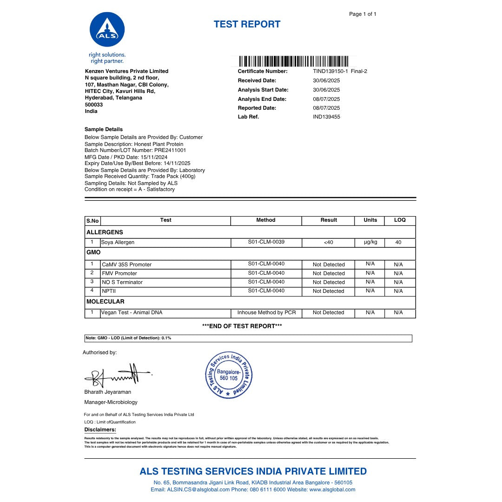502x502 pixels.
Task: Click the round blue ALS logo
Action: [x=107, y=30]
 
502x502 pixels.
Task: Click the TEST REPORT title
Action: [x=247, y=25]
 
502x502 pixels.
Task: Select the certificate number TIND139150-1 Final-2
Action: [x=340, y=72]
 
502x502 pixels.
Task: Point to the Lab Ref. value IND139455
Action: [x=326, y=117]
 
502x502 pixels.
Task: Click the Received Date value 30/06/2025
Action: [x=326, y=81]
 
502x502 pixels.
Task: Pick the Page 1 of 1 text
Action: [x=363, y=14]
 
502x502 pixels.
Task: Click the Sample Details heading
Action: [x=104, y=129]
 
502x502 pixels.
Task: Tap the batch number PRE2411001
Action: [x=167, y=151]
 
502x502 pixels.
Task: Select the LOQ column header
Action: [x=400, y=220]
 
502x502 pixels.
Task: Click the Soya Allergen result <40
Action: [x=328, y=243]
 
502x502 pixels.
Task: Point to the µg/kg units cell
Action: [x=370, y=243]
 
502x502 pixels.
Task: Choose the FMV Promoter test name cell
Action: [x=119, y=273]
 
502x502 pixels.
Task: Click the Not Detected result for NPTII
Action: [x=328, y=291]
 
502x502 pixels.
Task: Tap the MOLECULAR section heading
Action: [x=106, y=302]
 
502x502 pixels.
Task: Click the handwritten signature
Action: [x=116, y=375]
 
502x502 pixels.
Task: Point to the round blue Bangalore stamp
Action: [x=229, y=375]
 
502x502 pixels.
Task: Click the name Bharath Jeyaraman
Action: [x=108, y=392]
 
